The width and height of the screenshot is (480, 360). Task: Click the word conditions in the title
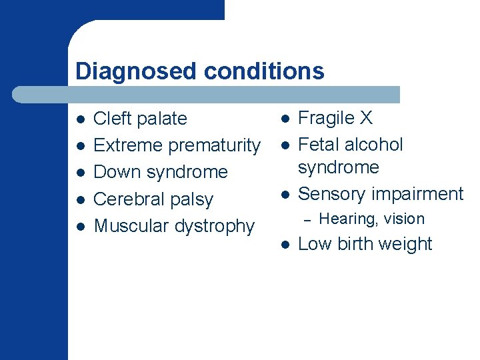tap(264, 71)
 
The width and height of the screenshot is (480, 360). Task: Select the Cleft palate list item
tap(140, 119)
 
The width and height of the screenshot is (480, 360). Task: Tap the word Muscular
tap(131, 226)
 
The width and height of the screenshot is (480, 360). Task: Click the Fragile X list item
tap(335, 118)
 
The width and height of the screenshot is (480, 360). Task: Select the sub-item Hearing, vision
tap(371, 219)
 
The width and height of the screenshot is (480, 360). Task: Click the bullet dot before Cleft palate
tap(80, 120)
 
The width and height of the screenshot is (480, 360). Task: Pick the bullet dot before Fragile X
tap(284, 119)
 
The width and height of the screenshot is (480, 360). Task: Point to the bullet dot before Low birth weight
tap(284, 245)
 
